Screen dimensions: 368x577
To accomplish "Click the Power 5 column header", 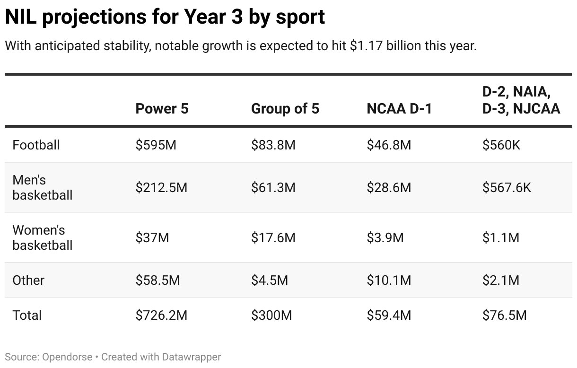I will pyautogui.click(x=162, y=109).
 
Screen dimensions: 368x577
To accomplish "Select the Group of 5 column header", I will pyautogui.click(x=285, y=109).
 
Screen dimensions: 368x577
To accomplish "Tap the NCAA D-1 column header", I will pyautogui.click(x=399, y=109).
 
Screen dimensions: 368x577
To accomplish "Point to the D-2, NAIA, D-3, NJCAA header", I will pyautogui.click(x=521, y=100).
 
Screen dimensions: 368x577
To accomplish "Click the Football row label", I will pyautogui.click(x=36, y=145).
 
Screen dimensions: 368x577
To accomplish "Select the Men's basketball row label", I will pyautogui.click(x=42, y=187).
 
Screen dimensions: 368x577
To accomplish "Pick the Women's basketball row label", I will pyautogui.click(x=42, y=237).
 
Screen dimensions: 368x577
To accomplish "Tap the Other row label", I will pyautogui.click(x=28, y=280).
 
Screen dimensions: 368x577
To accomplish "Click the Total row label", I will pyautogui.click(x=27, y=315).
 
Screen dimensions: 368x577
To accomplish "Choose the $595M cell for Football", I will pyautogui.click(x=156, y=145).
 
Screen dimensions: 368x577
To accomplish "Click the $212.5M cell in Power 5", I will pyautogui.click(x=161, y=187).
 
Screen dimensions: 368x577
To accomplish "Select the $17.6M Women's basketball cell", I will pyautogui.click(x=273, y=237).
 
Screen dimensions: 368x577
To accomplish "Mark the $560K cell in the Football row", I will pyautogui.click(x=501, y=145).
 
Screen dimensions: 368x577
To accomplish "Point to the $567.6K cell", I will pyautogui.click(x=507, y=187).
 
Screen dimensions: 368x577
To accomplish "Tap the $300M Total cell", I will pyautogui.click(x=271, y=315).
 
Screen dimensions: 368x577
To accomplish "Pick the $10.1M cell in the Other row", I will pyautogui.click(x=389, y=280).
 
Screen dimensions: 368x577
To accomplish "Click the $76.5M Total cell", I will pyautogui.click(x=504, y=315).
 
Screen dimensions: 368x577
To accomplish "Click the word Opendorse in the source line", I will pyautogui.click(x=66, y=357).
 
